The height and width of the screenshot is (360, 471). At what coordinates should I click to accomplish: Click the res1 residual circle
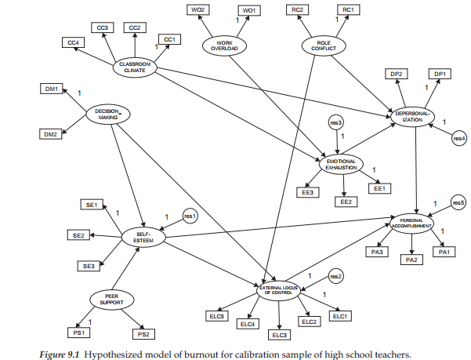(x=189, y=214)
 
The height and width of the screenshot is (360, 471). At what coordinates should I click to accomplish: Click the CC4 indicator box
(x=73, y=42)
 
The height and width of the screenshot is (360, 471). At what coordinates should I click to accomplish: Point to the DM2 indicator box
(x=52, y=134)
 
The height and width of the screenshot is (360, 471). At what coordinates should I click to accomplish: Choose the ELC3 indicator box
(x=279, y=335)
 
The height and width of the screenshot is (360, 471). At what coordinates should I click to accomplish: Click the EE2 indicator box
(x=346, y=202)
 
